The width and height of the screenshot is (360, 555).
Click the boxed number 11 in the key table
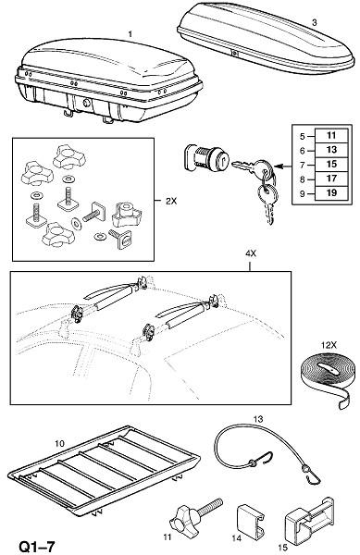(331, 135)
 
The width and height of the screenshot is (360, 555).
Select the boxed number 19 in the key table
(331, 193)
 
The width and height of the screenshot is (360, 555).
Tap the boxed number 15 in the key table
(331, 165)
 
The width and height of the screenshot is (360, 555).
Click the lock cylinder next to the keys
(206, 158)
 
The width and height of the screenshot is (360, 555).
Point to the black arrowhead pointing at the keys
(279, 166)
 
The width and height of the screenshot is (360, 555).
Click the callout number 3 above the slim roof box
(315, 22)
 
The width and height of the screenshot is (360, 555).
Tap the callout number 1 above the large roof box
(130, 34)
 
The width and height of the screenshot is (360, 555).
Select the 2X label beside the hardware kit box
(171, 201)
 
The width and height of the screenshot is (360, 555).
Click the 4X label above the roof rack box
(251, 253)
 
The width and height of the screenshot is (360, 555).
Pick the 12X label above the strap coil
(329, 345)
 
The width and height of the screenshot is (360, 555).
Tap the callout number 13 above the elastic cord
(258, 419)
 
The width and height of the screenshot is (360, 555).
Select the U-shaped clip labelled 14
(250, 520)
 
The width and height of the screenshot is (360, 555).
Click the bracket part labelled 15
(309, 518)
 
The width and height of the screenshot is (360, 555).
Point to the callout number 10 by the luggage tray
(60, 443)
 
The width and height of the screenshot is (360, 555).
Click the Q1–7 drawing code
(37, 547)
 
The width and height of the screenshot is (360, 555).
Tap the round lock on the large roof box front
(87, 104)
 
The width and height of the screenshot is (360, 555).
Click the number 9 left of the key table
(302, 193)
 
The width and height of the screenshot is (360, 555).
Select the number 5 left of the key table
(302, 136)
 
